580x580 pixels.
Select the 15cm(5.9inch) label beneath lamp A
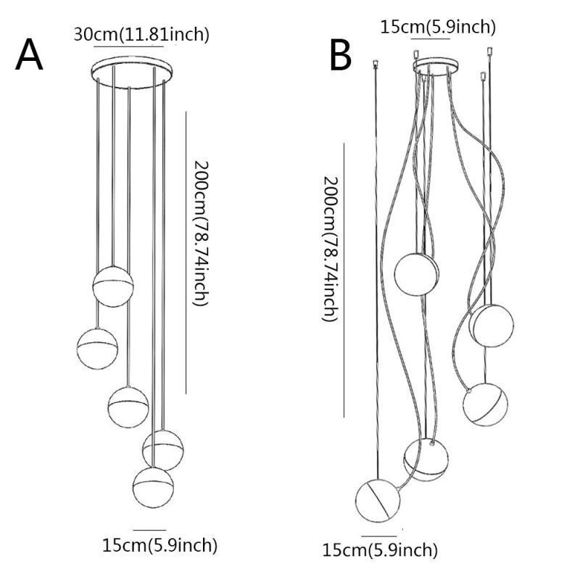[x=159, y=544]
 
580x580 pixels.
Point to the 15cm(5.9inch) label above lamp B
[x=439, y=27]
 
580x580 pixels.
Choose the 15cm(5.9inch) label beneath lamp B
[x=381, y=550]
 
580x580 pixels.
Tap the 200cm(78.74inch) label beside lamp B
[x=330, y=248]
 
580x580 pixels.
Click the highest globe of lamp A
[x=113, y=287]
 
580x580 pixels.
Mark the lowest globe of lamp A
[x=153, y=486]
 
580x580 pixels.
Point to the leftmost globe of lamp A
[x=97, y=348]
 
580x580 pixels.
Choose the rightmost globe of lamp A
[x=162, y=448]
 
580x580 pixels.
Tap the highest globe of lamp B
[x=417, y=273]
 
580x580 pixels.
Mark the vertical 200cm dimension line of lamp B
[x=344, y=279]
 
